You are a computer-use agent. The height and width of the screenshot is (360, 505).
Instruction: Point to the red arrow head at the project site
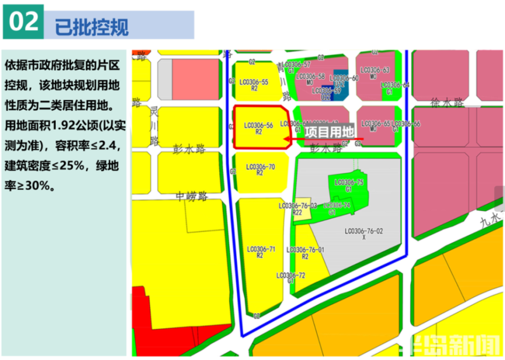[287, 139]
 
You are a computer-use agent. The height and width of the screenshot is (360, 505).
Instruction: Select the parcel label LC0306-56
[258, 125]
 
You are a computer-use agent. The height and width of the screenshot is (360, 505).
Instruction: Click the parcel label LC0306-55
[254, 82]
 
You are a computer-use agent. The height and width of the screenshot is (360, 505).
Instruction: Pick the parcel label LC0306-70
[260, 167]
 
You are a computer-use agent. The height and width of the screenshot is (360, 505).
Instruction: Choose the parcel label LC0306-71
[260, 249]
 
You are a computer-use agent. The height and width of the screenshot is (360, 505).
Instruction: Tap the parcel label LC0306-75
[349, 182]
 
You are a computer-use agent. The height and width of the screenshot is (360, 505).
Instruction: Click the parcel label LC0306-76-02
[364, 231]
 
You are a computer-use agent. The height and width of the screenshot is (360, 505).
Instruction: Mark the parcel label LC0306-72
[291, 275]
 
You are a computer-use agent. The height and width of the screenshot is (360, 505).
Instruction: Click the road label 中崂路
[192, 197]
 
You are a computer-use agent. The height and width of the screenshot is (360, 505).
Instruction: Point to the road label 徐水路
[446, 103]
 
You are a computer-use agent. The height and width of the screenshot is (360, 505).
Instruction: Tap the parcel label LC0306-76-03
[298, 205]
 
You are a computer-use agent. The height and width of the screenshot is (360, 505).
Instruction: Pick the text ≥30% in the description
[31, 186]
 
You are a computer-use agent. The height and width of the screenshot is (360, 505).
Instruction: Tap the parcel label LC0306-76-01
[306, 250]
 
